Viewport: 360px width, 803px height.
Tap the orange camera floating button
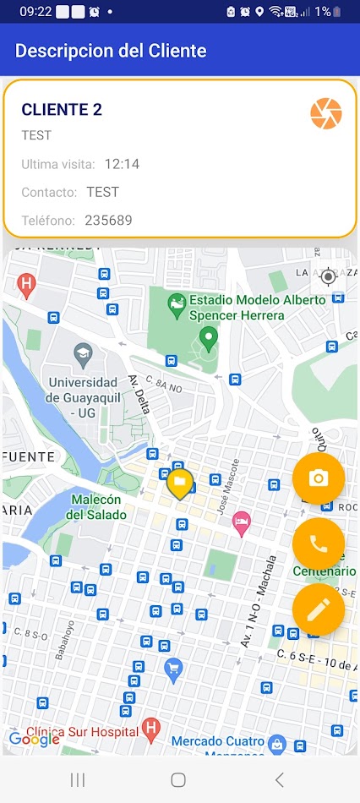pos(319,478)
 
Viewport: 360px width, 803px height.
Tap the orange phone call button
pos(319,544)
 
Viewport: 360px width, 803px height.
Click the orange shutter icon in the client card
pos(326,113)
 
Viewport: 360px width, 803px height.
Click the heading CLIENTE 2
pos(62,109)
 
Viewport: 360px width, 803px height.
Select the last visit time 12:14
pos(123,164)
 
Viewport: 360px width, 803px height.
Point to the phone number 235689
pos(108,221)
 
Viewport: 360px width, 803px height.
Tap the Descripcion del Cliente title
pos(111,51)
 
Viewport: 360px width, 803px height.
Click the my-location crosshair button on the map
pos(328,276)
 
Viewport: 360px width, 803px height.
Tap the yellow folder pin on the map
pos(179,484)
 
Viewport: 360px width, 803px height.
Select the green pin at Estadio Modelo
pos(208,340)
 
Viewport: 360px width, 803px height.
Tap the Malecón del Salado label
pos(97,507)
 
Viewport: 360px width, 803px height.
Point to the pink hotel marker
pos(242,522)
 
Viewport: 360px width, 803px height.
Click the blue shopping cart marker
pos(174,669)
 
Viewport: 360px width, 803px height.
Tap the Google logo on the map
pos(34,740)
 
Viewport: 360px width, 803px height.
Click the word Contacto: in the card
pos(49,193)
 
